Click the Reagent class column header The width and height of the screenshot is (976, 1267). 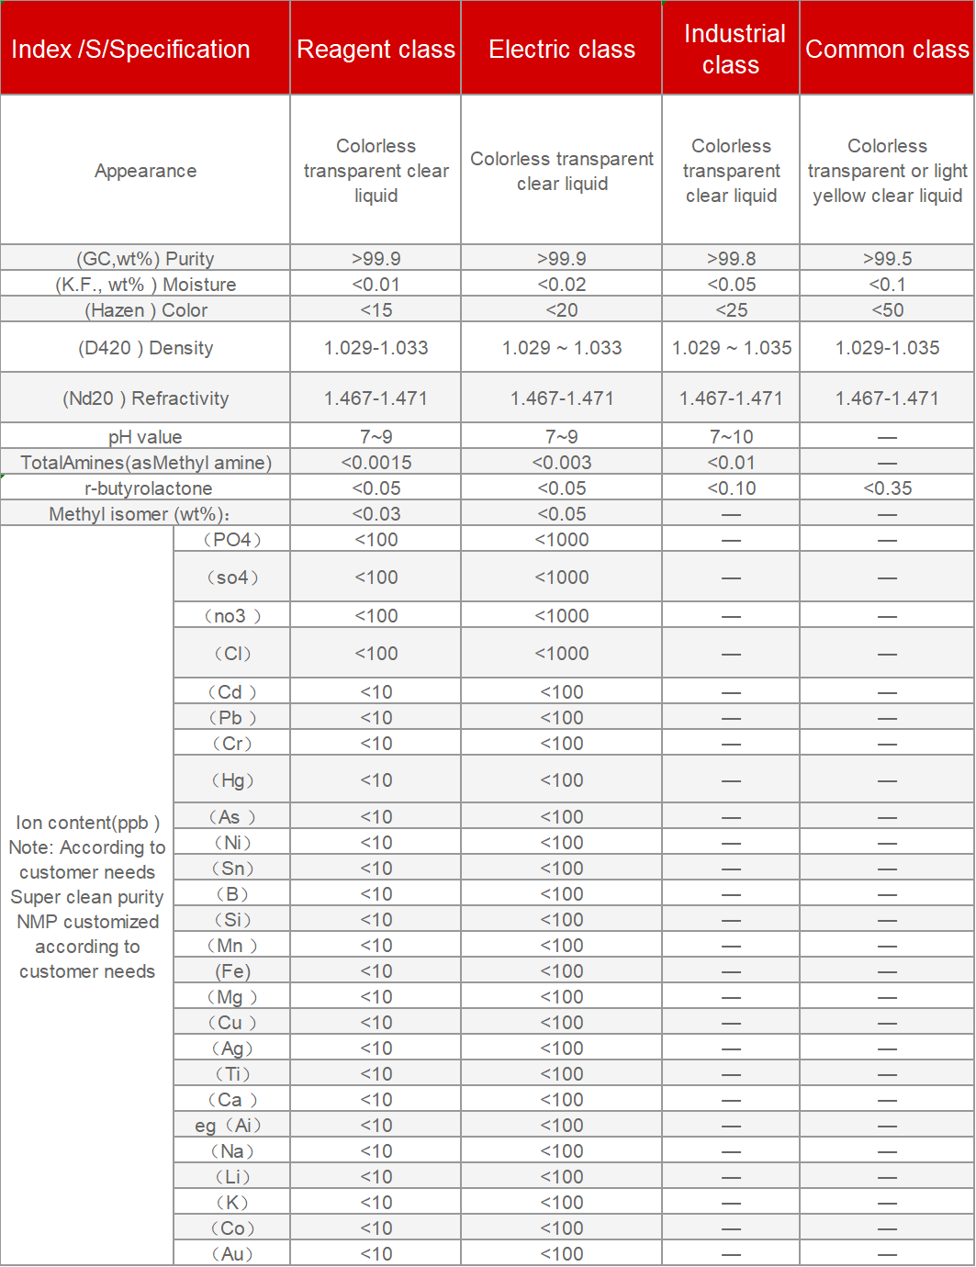click(x=376, y=50)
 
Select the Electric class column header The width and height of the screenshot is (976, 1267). click(x=561, y=50)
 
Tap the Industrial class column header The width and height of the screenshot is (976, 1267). click(x=731, y=50)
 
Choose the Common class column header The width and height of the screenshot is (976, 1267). click(x=887, y=50)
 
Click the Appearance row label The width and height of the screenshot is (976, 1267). click(x=145, y=171)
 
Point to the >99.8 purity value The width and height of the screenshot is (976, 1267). click(x=731, y=259)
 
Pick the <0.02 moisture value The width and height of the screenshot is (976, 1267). click(x=561, y=285)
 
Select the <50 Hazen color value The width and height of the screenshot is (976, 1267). click(x=887, y=310)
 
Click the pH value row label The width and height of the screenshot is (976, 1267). click(x=145, y=437)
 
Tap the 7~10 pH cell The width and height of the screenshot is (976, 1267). click(x=731, y=437)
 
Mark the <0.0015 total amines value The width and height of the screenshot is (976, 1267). click(x=376, y=463)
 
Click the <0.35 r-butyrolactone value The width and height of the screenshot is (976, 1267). click(x=887, y=488)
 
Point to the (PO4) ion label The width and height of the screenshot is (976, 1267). click(x=231, y=540)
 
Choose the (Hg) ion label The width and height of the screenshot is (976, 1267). click(x=231, y=780)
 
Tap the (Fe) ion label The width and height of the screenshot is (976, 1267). click(x=232, y=971)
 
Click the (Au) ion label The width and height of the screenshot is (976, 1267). click(x=231, y=1254)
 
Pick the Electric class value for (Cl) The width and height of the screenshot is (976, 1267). click(x=561, y=654)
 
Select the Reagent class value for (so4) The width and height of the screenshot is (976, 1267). click(x=376, y=577)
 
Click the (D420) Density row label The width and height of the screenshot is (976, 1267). click(x=145, y=348)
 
